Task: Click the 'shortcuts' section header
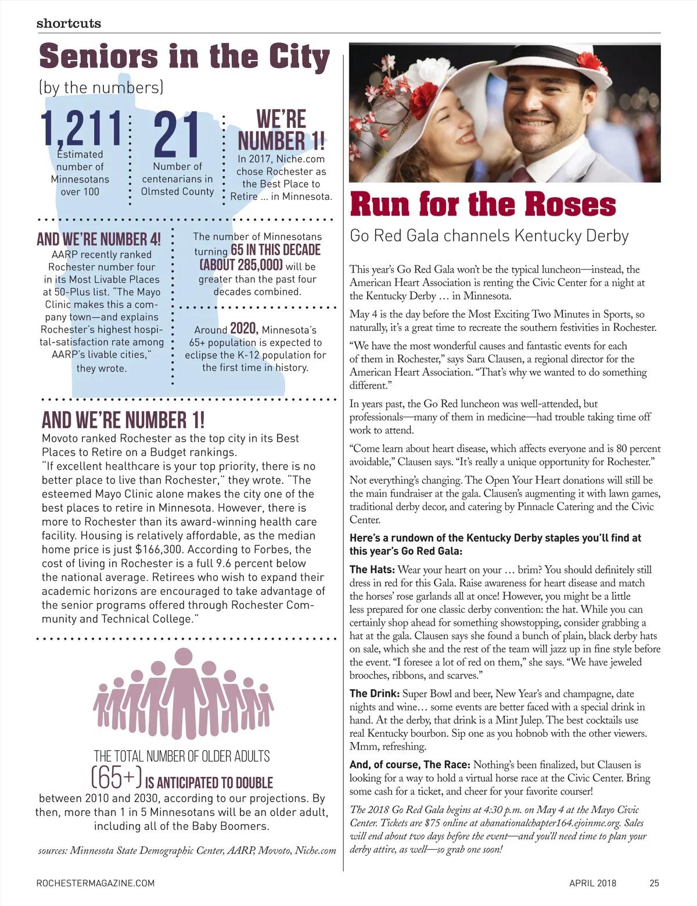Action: pyautogui.click(x=69, y=23)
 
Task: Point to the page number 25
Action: pyautogui.click(x=654, y=883)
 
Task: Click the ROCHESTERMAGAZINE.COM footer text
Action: pyautogui.click(x=95, y=883)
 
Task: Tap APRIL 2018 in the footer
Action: pyautogui.click(x=593, y=883)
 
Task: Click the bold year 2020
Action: pyautogui.click(x=244, y=329)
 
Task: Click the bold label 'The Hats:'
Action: pyautogui.click(x=372, y=570)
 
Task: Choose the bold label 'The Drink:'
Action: pyautogui.click(x=374, y=694)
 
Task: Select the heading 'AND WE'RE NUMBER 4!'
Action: pyautogui.click(x=98, y=240)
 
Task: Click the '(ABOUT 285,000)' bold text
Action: pyautogui.click(x=241, y=265)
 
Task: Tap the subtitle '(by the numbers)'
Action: pyautogui.click(x=100, y=87)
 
